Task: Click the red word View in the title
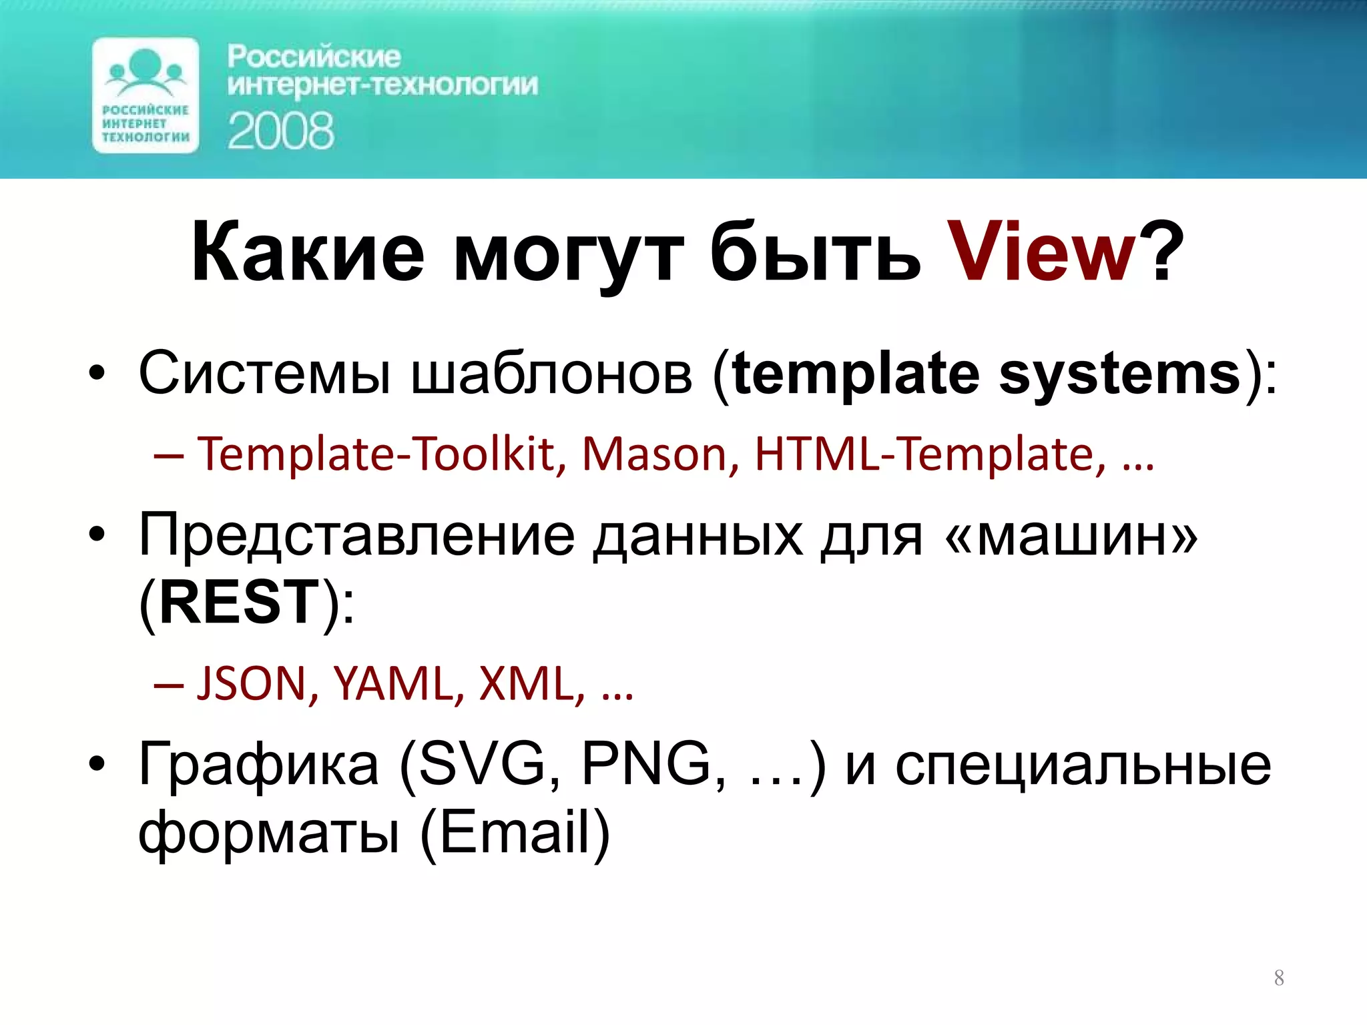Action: (1041, 254)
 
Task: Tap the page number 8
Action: (1279, 978)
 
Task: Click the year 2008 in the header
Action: (280, 131)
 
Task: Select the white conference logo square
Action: (146, 95)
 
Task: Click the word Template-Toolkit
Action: (381, 455)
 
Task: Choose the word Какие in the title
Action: (307, 254)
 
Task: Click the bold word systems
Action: (1119, 374)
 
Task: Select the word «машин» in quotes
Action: (1072, 536)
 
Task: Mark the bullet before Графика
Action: (97, 764)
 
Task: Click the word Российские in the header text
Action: (314, 57)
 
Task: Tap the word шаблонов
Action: (551, 374)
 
